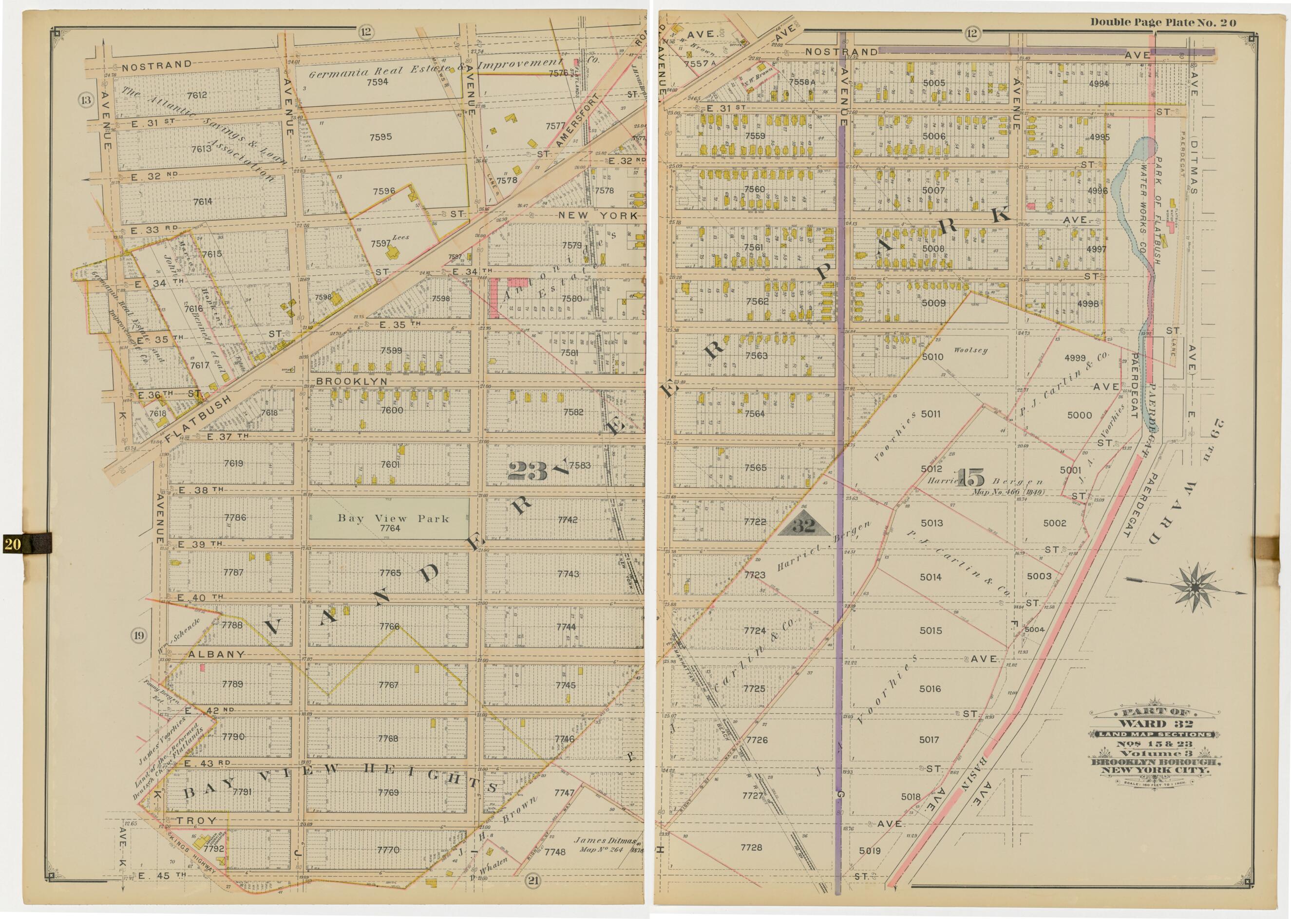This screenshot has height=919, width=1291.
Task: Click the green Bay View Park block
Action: click(x=388, y=518)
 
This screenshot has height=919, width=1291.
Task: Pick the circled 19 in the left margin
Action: click(x=139, y=635)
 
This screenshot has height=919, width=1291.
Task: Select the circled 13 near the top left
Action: click(x=86, y=101)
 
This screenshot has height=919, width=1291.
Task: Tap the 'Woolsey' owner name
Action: click(x=970, y=350)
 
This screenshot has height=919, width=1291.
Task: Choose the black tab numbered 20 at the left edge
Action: click(x=25, y=544)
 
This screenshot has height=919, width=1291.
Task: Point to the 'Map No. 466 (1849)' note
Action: click(x=1007, y=492)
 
